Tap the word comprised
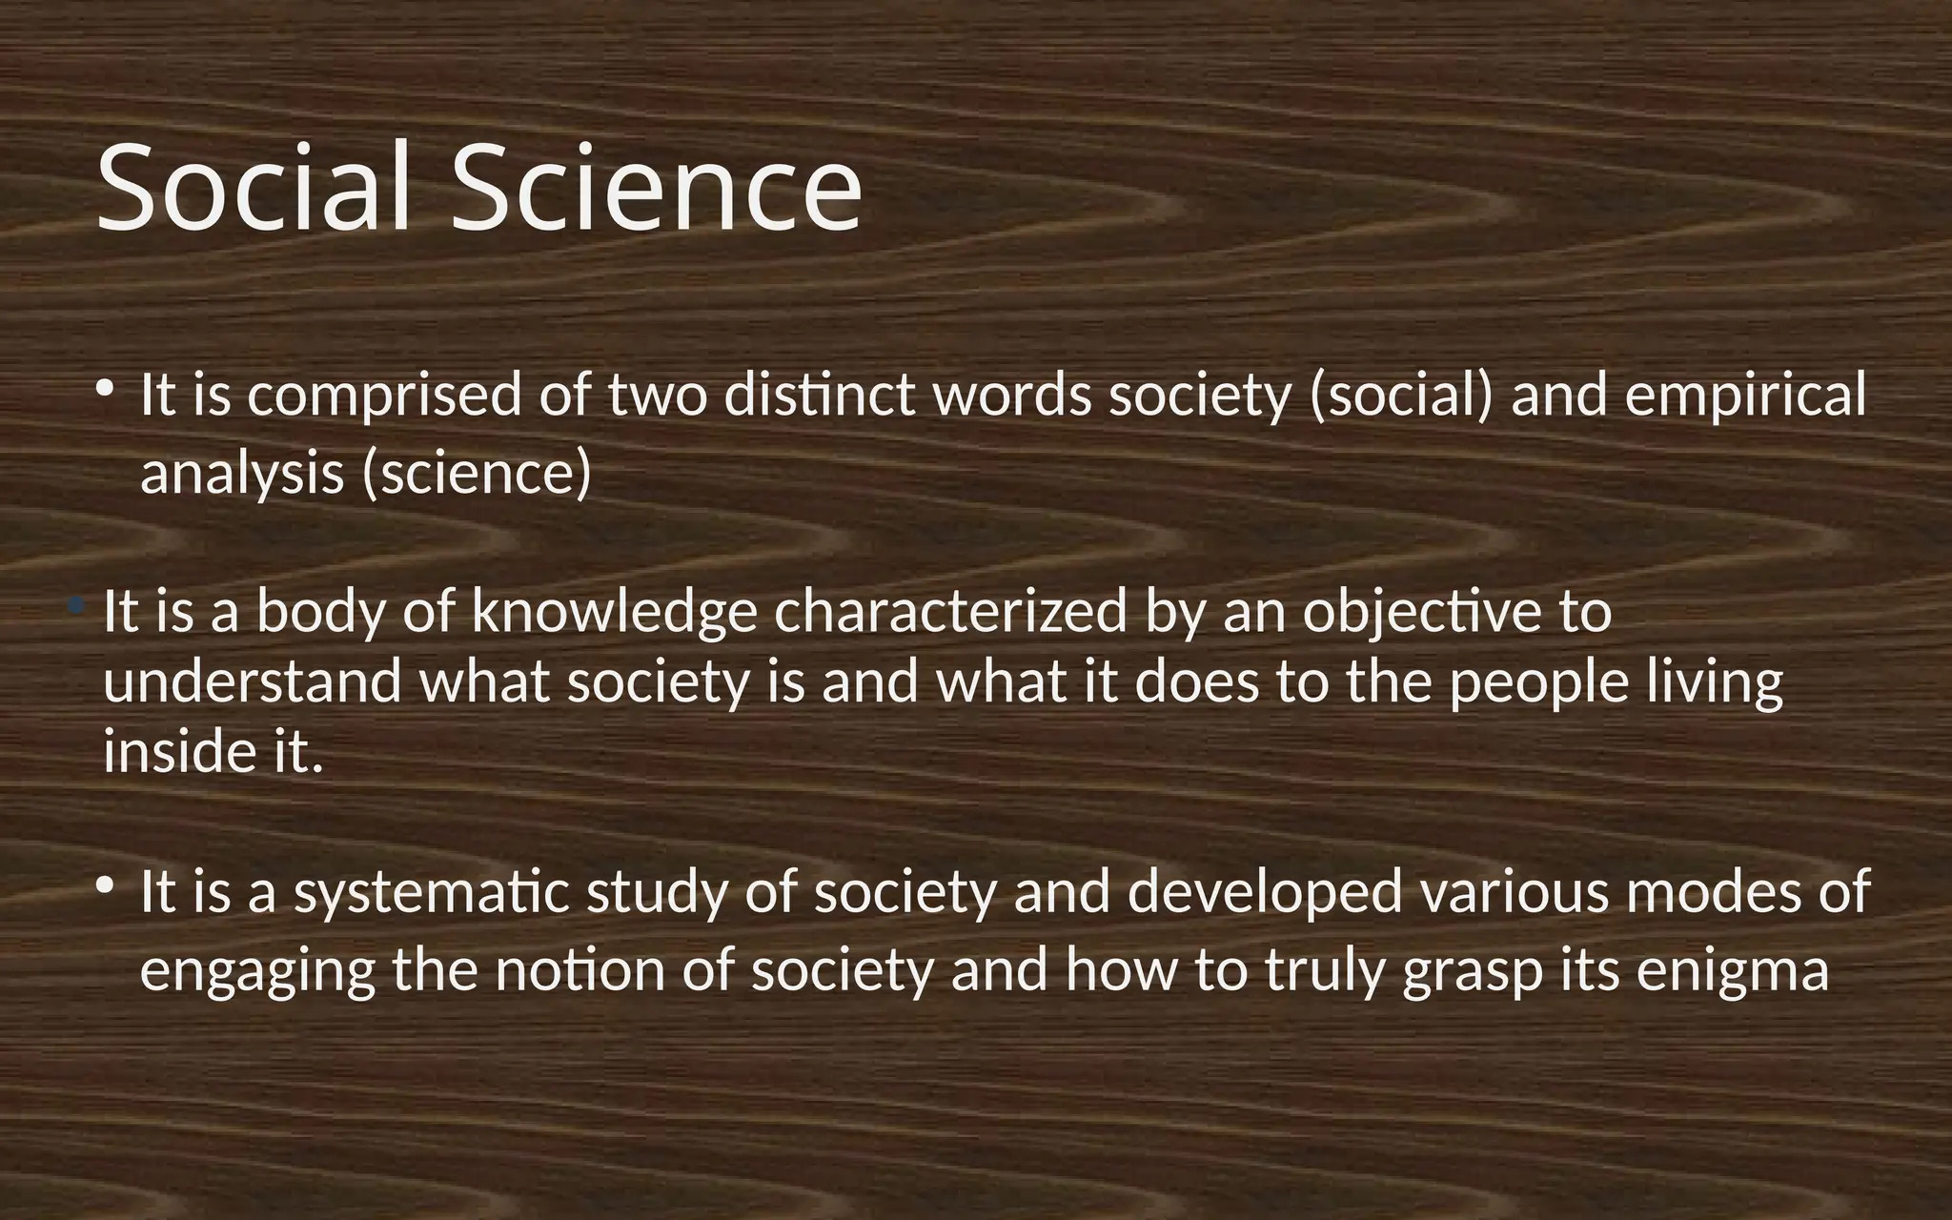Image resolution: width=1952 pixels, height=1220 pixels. pos(384,396)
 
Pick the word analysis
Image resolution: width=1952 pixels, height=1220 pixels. pos(241,474)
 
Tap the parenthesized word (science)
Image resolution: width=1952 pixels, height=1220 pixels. pos(477,474)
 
